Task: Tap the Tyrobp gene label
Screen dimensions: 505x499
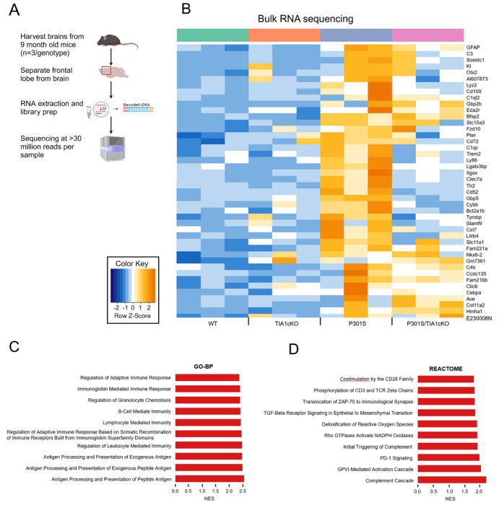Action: (x=476, y=216)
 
